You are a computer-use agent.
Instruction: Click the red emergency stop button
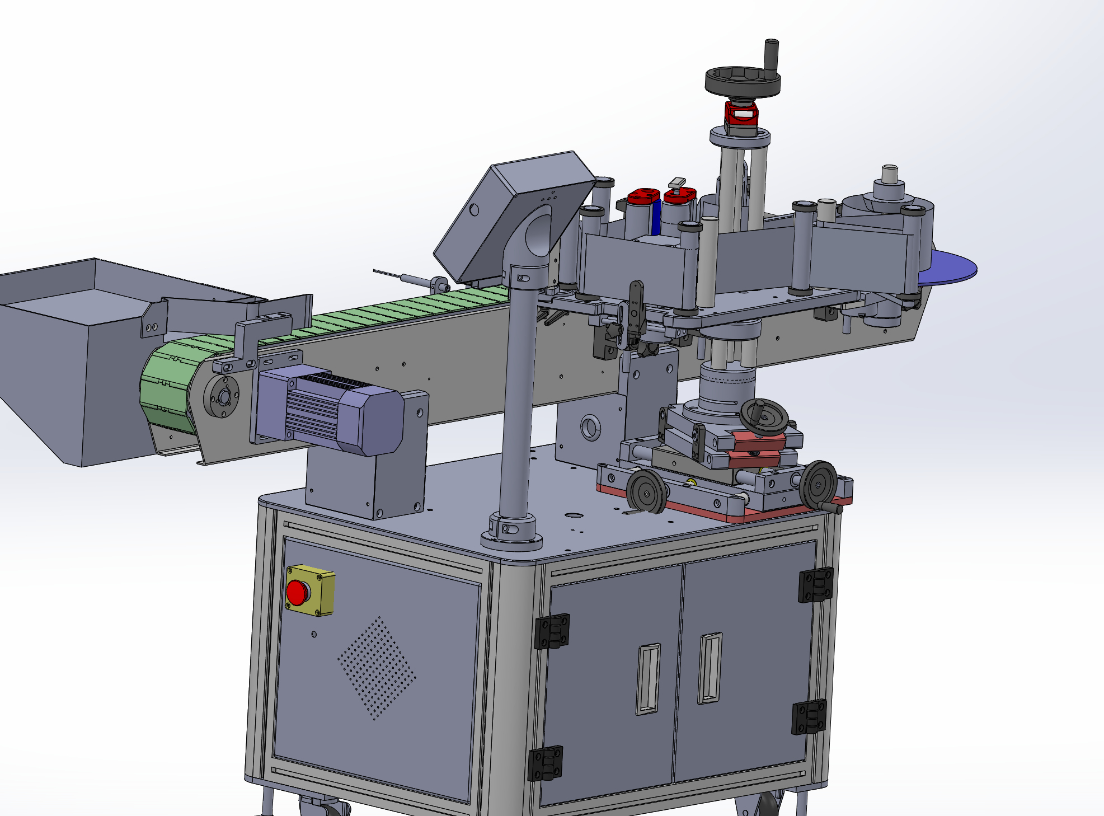coord(297,592)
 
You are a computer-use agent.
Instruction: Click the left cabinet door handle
coord(648,679)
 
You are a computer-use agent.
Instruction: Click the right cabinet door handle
coord(710,668)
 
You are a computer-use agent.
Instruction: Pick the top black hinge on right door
coord(815,585)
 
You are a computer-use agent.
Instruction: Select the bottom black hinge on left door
coord(545,763)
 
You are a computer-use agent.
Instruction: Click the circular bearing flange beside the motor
coord(221,397)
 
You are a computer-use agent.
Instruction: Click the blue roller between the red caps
coord(656,218)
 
